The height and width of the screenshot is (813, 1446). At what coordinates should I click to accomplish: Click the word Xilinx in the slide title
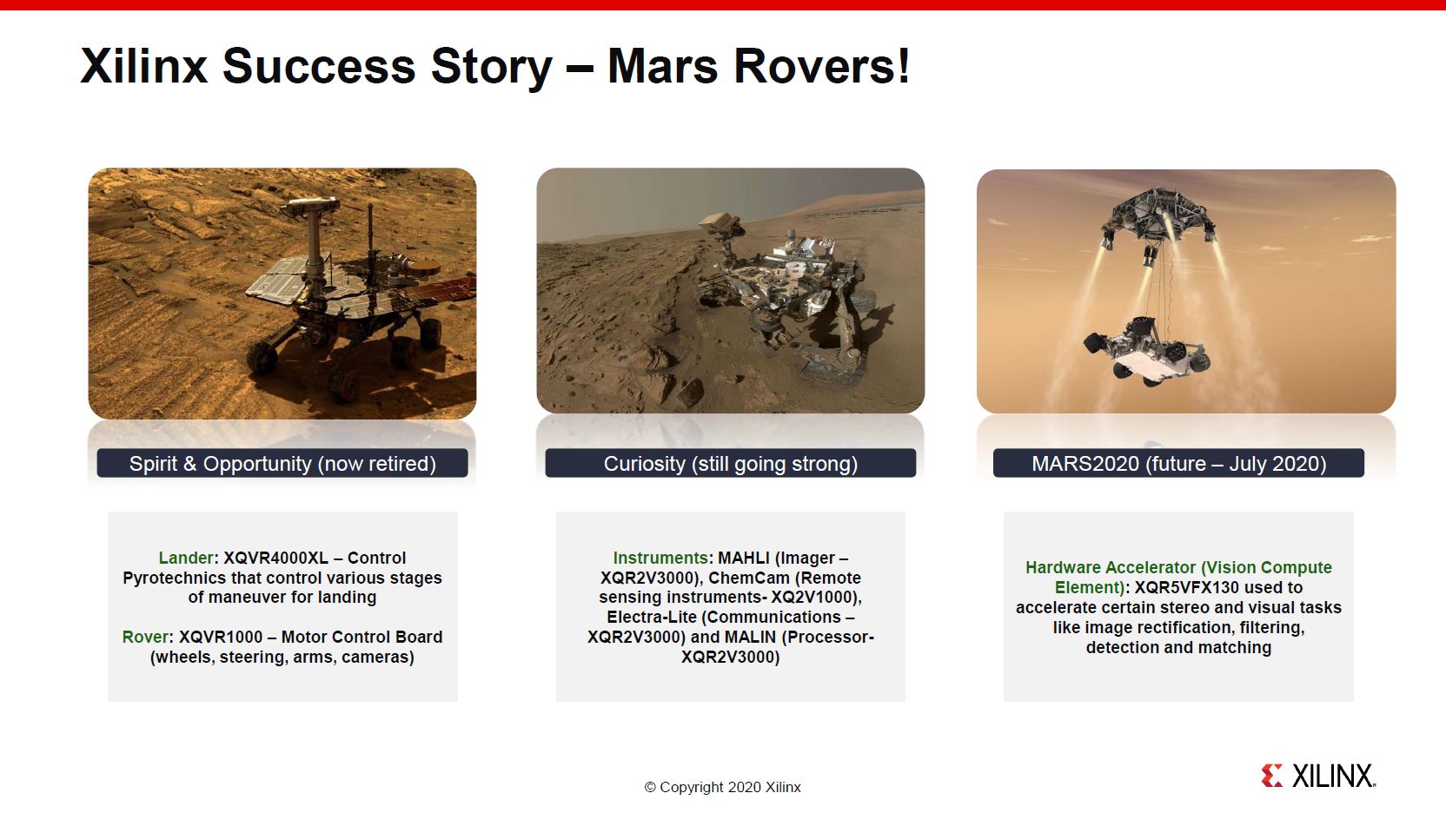click(x=144, y=67)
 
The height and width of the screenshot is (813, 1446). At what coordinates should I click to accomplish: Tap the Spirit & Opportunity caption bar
click(x=282, y=464)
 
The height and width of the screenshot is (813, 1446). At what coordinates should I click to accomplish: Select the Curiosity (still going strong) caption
click(x=730, y=464)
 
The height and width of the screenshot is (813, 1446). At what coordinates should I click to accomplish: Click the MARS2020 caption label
click(x=1178, y=464)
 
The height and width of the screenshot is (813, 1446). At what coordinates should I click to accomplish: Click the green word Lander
click(x=185, y=558)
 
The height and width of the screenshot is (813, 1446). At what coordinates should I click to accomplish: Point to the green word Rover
click(x=145, y=637)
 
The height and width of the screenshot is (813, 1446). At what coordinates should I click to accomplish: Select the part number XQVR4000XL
click(x=275, y=558)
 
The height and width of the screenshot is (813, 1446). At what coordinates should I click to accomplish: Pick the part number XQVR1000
click(x=221, y=637)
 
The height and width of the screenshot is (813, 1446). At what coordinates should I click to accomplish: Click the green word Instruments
click(x=660, y=558)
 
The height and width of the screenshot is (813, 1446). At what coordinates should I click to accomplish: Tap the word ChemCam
click(x=749, y=578)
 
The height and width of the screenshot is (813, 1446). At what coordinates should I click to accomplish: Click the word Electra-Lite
click(x=652, y=617)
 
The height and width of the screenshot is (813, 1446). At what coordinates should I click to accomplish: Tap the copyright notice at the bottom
click(x=722, y=787)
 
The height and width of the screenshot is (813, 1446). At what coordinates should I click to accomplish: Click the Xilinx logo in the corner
click(x=1318, y=776)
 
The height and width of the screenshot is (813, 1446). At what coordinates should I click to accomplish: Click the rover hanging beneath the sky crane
click(x=1147, y=349)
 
